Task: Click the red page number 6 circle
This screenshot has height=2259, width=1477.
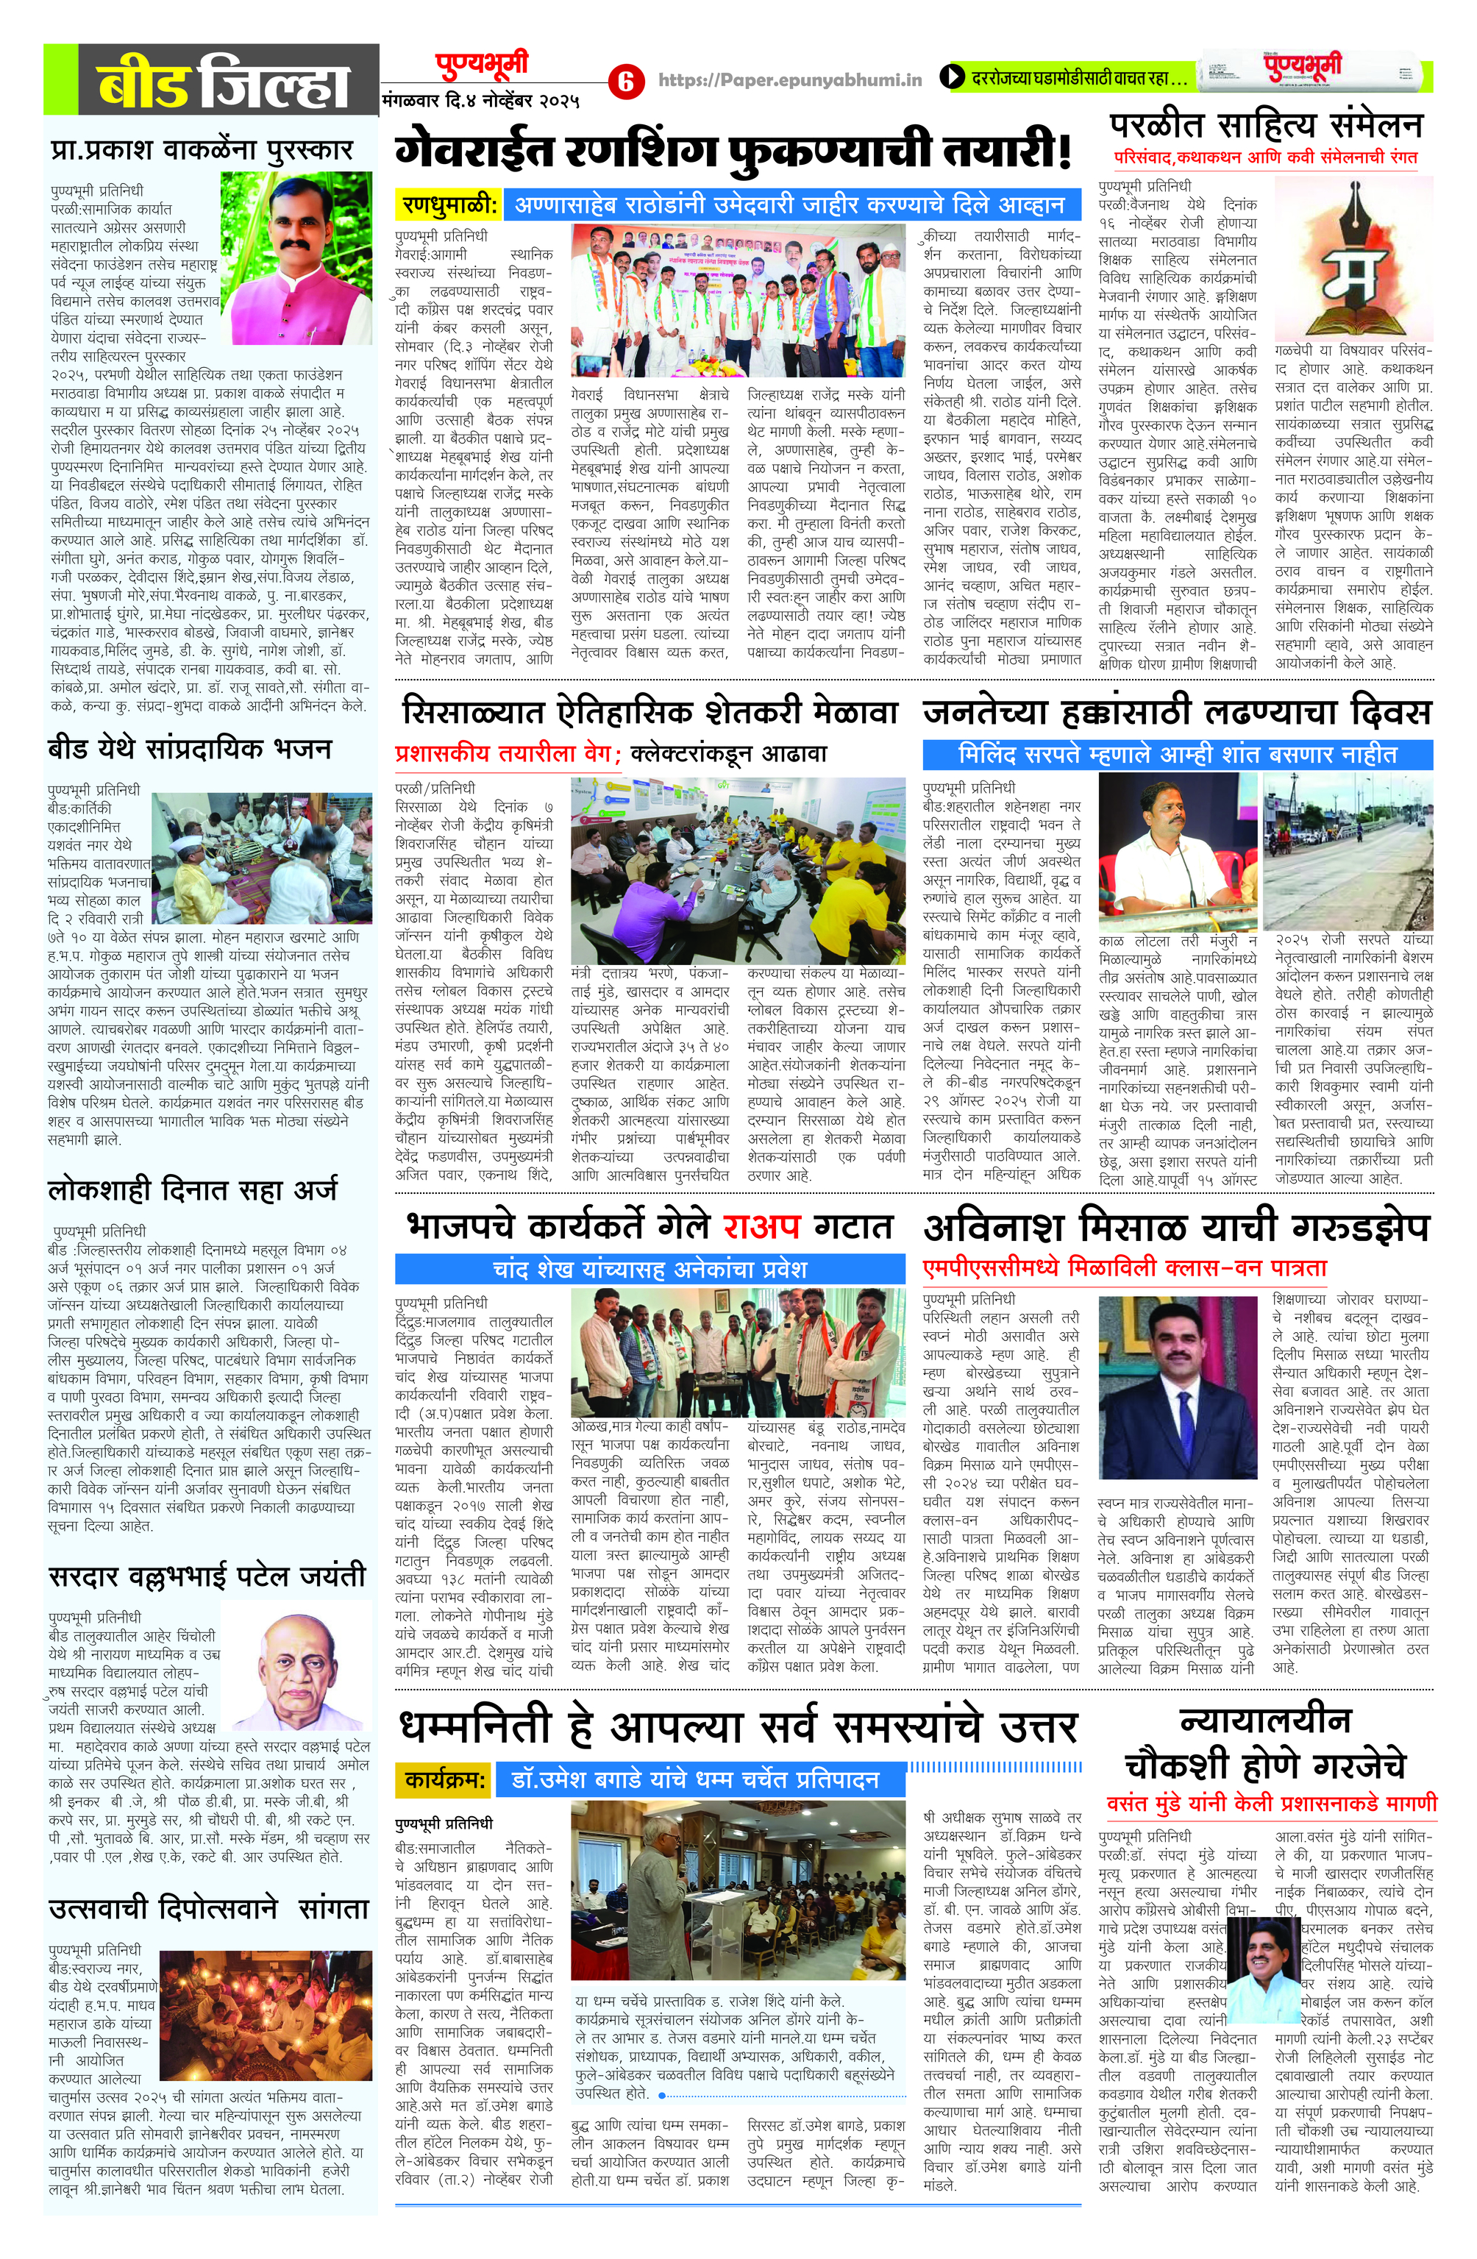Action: pyautogui.click(x=624, y=81)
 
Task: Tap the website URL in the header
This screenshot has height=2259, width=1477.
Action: pyautogui.click(x=790, y=81)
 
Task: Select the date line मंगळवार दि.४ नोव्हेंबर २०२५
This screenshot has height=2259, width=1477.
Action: pyautogui.click(x=480, y=101)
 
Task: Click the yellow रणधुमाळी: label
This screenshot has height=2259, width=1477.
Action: pyautogui.click(x=448, y=204)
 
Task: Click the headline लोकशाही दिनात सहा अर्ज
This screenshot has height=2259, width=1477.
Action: pyautogui.click(x=193, y=1190)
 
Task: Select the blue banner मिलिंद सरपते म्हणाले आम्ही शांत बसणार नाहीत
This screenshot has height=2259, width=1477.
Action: pyautogui.click(x=1177, y=755)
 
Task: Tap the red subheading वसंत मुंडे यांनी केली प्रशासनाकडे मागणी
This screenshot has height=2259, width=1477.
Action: pyautogui.click(x=1271, y=1802)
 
